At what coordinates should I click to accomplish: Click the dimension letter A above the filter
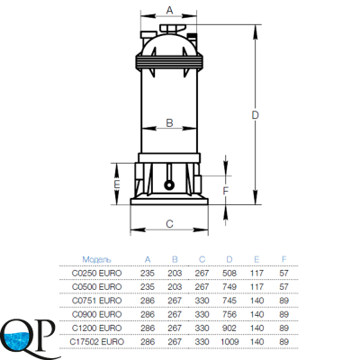click(169, 10)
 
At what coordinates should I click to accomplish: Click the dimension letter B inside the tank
click(169, 123)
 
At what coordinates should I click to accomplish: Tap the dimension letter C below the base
click(169, 224)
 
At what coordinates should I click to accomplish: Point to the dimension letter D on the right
click(255, 115)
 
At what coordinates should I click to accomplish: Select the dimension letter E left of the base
click(117, 184)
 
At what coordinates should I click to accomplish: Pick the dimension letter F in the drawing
click(226, 191)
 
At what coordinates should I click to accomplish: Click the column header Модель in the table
click(96, 259)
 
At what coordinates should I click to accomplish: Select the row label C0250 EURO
click(96, 274)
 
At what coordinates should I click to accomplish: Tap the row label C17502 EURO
click(96, 342)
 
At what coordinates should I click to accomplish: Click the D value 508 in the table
click(229, 274)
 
